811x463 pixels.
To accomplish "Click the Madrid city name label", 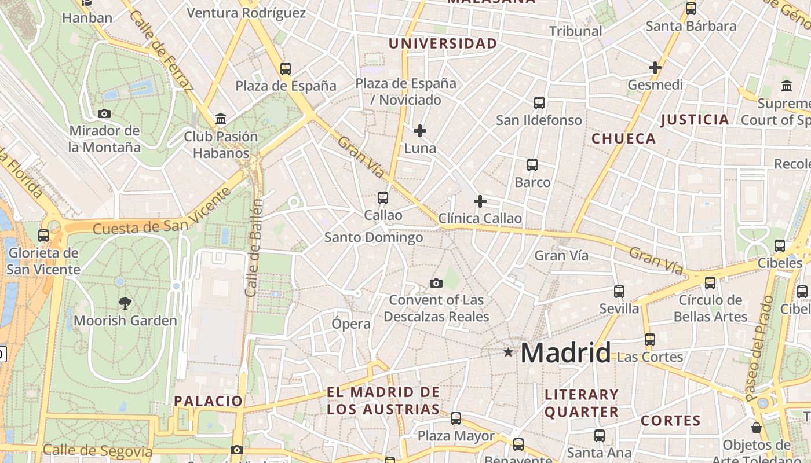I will [565, 352].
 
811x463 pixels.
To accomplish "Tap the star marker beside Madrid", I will [508, 352].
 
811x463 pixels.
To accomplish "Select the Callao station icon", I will [383, 198].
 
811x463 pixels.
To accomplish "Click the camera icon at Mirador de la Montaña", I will [104, 113].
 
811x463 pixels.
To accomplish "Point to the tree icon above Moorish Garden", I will [125, 303].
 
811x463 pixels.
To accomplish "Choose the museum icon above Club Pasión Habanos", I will [221, 119].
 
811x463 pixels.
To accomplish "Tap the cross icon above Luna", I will [420, 131].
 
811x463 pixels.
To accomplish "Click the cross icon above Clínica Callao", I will [480, 201].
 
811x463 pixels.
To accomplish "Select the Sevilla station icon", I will [619, 291].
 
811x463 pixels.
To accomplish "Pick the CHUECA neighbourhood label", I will [623, 139].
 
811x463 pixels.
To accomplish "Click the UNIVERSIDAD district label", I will [443, 44].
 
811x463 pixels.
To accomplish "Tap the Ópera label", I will [351, 324].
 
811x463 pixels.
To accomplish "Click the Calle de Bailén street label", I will [254, 248].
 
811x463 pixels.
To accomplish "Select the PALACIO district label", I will [209, 400].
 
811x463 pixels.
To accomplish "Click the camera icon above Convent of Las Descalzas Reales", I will [436, 283].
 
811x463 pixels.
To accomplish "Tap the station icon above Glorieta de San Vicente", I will [43, 236].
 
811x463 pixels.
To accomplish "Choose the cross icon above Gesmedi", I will [655, 68].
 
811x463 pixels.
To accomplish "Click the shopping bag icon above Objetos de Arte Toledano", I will [757, 428].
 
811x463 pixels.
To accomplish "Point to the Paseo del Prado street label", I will [759, 349].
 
